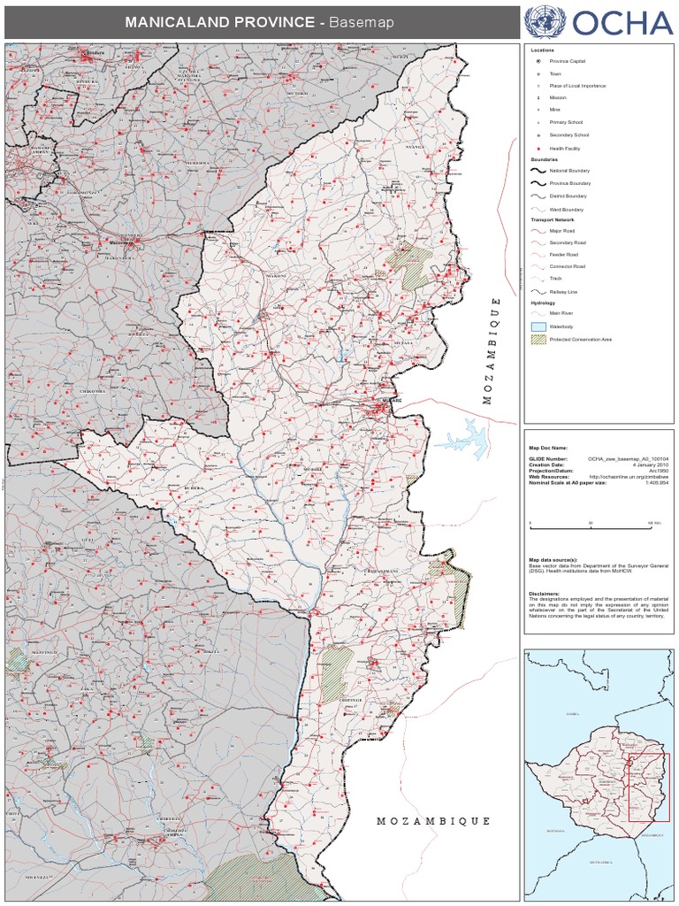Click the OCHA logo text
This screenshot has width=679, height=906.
[622, 22]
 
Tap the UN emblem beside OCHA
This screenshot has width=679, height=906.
[544, 21]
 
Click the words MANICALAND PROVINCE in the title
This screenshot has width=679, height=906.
[219, 22]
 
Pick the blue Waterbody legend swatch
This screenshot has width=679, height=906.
[537, 326]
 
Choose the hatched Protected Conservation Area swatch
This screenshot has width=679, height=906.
[537, 340]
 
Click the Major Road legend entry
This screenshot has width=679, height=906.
[562, 230]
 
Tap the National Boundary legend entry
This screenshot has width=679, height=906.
[569, 170]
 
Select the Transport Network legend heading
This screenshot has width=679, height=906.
[553, 219]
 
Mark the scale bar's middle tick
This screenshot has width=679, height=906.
[591, 525]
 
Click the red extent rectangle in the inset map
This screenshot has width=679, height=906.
[649, 787]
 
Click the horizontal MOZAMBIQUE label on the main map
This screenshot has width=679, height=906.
[433, 821]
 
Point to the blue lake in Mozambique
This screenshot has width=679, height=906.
[468, 438]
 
